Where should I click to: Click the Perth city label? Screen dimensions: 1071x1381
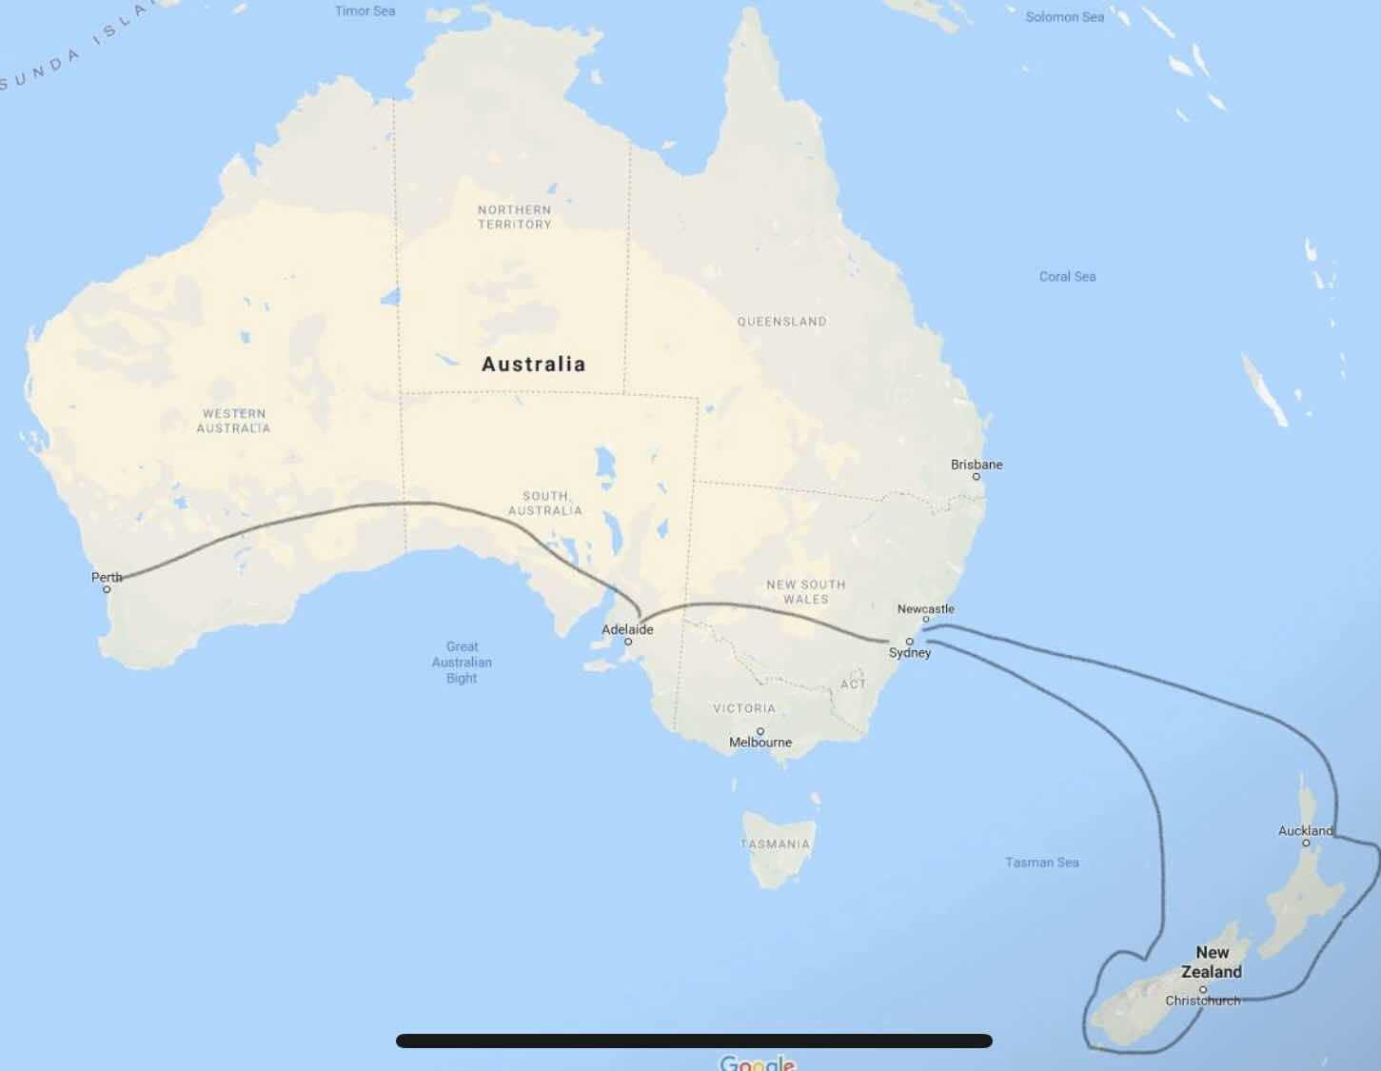tap(107, 577)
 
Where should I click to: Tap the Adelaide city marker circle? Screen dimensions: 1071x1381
tap(628, 642)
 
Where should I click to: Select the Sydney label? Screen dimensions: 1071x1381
tap(910, 653)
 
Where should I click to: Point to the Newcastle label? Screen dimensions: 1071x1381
tap(925, 608)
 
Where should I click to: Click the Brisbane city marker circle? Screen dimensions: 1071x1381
tap(977, 476)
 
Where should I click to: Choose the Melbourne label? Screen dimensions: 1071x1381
tap(760, 743)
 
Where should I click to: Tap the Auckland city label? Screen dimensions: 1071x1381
tap(1305, 830)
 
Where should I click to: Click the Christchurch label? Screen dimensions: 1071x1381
tap(1203, 1001)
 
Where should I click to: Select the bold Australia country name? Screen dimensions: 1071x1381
tap(533, 364)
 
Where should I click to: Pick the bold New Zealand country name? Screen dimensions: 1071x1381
tap(1212, 962)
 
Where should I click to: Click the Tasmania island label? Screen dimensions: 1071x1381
tap(775, 843)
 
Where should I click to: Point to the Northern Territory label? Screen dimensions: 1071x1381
tap(514, 217)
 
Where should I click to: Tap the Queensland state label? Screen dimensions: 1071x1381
tap(781, 322)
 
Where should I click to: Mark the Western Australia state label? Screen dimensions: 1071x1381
tap(233, 421)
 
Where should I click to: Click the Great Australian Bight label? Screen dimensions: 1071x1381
tap(462, 663)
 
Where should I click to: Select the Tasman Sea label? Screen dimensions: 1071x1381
tap(1042, 863)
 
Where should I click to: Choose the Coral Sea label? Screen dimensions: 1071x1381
tap(1067, 277)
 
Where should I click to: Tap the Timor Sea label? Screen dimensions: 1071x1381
tap(365, 11)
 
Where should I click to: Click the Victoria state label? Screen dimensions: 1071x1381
tap(744, 708)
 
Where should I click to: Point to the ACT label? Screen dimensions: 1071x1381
tap(854, 684)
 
